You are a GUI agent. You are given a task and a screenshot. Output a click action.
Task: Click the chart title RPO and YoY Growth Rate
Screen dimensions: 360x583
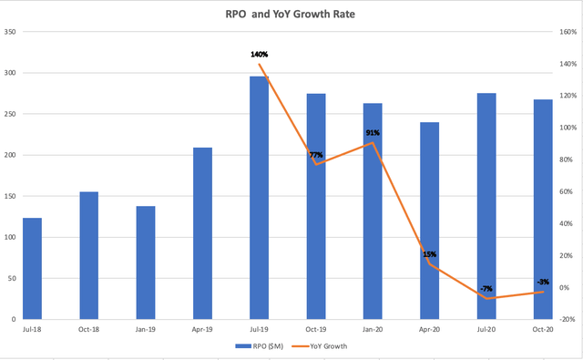291,14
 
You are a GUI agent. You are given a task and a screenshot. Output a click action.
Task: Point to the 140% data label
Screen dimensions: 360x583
259,55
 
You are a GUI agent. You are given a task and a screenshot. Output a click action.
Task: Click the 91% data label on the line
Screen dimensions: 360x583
373,133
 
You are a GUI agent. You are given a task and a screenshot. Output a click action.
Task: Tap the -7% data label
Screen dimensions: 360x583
486,289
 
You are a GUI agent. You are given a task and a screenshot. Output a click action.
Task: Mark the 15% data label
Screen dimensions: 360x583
429,254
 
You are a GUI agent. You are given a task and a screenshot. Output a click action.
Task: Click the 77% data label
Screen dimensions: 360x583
316,155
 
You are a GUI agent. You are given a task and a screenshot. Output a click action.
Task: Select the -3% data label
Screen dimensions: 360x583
542,282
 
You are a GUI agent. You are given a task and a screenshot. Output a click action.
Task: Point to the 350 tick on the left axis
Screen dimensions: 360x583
10,32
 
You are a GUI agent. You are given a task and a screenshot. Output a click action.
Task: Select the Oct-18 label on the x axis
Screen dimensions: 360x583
89,330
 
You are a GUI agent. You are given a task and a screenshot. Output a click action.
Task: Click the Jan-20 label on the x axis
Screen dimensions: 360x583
373,330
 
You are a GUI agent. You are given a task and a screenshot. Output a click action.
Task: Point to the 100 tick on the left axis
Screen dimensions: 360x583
10,238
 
